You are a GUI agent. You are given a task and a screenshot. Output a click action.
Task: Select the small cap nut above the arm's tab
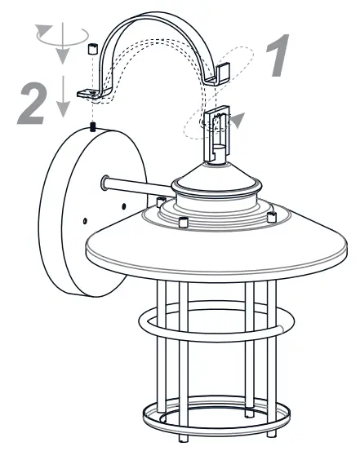tap(92, 51)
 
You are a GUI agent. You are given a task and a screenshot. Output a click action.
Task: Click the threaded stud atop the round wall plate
tap(93, 127)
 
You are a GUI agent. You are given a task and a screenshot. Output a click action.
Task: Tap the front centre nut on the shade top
tap(184, 223)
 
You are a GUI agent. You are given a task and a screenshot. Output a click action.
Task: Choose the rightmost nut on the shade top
tap(272, 217)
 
